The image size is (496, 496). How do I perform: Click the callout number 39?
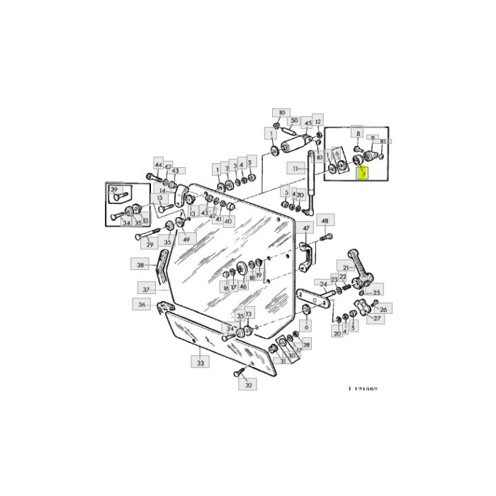tap(113, 189)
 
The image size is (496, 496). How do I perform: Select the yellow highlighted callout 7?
tap(361, 172)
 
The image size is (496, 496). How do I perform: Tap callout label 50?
tap(294, 121)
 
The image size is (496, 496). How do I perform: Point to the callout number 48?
tap(325, 221)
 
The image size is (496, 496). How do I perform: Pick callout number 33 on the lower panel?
tap(200, 363)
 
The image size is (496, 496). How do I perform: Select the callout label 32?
tap(248, 385)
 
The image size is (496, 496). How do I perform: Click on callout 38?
tap(141, 264)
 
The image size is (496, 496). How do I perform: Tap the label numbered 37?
tap(147, 289)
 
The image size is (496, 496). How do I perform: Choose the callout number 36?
tap(142, 305)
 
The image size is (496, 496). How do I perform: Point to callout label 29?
tap(149, 244)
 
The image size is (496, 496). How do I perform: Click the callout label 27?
tap(376, 319)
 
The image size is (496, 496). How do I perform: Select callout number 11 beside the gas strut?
tap(295, 169)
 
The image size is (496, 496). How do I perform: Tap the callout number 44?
tap(158, 163)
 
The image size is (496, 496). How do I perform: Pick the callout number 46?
tap(243, 286)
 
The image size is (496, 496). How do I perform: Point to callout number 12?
tap(318, 121)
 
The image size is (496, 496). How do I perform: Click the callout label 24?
tap(323, 285)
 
